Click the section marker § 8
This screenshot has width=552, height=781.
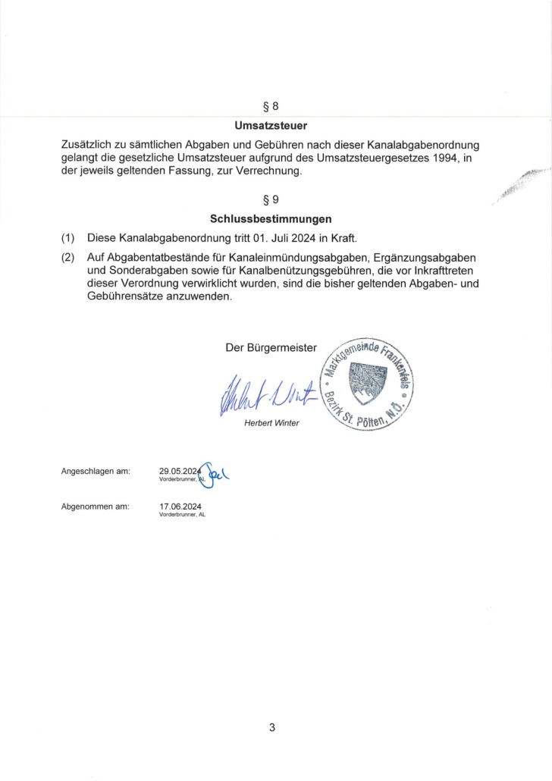(271, 107)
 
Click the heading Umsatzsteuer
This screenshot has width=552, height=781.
(271, 125)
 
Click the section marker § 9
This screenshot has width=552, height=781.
(271, 201)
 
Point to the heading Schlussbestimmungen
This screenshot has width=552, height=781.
(271, 220)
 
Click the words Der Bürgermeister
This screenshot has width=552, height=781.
(271, 349)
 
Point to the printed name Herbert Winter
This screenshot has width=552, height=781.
(271, 423)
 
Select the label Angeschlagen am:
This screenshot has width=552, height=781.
(96, 472)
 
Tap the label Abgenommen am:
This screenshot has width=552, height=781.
(96, 506)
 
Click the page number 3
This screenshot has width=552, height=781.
(271, 728)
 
